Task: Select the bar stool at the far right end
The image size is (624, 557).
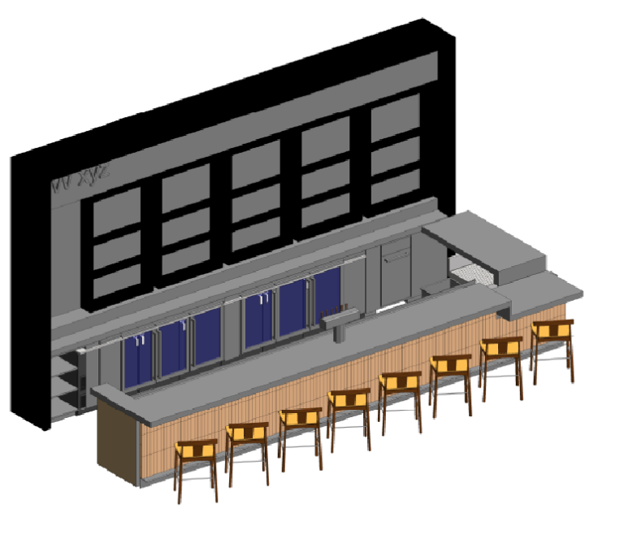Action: coord(552,346)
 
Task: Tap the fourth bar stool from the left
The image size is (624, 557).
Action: coord(349,415)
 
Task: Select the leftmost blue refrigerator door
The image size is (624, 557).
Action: coord(137,359)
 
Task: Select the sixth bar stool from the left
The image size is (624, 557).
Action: coord(450,378)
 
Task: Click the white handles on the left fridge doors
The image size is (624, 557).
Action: coord(141,341)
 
